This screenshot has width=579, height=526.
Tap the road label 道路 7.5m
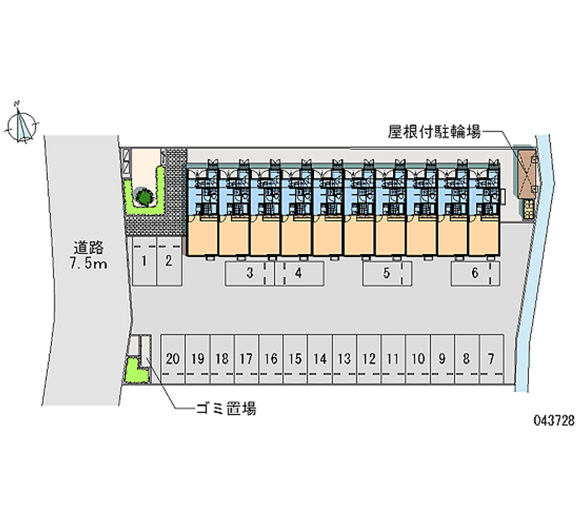[88, 255]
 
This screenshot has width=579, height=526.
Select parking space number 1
[145, 261]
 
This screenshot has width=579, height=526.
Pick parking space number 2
[169, 261]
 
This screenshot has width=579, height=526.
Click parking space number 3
[250, 273]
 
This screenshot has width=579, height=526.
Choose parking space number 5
[387, 273]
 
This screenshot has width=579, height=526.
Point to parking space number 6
[476, 273]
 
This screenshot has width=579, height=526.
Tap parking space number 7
[492, 359]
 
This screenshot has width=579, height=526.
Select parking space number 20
[173, 359]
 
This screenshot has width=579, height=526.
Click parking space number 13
[345, 359]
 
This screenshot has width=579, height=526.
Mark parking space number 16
[271, 359]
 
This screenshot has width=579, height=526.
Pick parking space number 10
[418, 359]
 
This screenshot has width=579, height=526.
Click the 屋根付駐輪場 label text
[434, 132]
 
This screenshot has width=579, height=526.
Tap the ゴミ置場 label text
[226, 409]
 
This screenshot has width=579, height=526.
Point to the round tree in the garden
[144, 196]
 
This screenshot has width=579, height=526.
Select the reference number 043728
[554, 420]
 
